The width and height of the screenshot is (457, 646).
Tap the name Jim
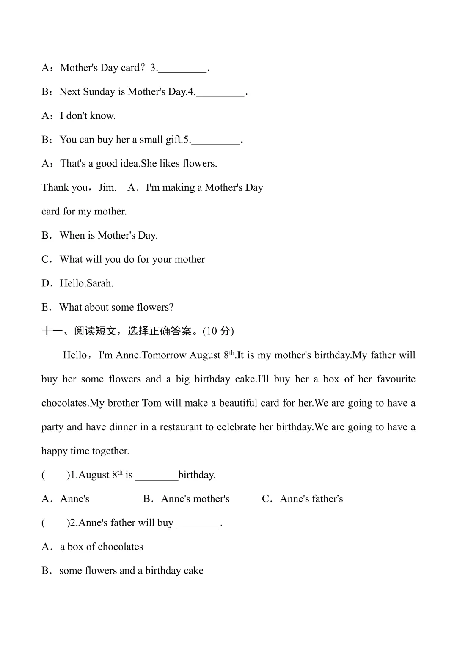click(107, 187)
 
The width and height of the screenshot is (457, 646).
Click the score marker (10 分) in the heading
click(218, 331)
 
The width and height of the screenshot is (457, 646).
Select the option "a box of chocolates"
click(102, 547)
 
